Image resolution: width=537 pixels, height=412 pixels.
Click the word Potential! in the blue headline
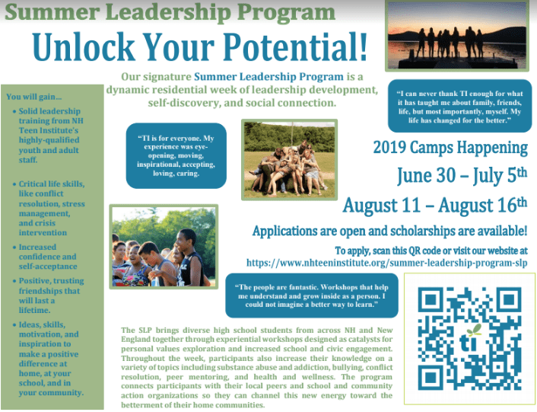295,47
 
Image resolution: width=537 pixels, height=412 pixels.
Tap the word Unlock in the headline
84,47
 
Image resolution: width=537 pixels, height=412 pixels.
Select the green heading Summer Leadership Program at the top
170,12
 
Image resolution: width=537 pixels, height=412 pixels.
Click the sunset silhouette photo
457,36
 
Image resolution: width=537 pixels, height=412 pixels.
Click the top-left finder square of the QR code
430,299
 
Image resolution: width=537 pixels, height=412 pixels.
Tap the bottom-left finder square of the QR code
430,378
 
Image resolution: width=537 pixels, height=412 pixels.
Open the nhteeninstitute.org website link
386,263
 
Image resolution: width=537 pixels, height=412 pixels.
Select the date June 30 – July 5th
462,175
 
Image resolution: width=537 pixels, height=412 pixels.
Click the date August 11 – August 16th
435,206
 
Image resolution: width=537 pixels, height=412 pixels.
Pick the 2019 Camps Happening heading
450,148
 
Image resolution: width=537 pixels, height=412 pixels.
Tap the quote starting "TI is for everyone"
176,155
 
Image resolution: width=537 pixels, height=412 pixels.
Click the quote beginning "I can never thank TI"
459,107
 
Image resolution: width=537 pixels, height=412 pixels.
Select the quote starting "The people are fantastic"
312,295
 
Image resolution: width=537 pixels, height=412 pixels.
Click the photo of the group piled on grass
289,159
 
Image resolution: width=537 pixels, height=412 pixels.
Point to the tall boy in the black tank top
189,257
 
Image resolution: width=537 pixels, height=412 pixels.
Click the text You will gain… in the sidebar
34,97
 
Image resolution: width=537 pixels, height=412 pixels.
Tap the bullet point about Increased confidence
48,257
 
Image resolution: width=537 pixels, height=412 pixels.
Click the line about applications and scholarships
389,231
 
